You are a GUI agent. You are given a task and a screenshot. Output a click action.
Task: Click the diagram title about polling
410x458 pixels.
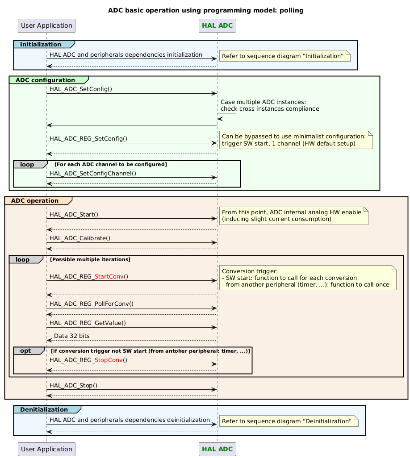[x=205, y=10]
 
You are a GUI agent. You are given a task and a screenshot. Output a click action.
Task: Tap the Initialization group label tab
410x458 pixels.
[x=41, y=44]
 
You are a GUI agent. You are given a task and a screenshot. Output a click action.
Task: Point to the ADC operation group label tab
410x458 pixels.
[x=35, y=200]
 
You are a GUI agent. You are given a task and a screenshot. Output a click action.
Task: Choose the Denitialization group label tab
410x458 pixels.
[x=44, y=409]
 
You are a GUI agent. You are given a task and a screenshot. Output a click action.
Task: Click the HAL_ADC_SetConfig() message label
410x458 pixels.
[x=81, y=89]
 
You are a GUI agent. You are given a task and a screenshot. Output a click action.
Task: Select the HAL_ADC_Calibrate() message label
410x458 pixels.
[x=79, y=238]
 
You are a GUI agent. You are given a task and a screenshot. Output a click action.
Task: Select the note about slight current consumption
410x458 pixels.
[x=293, y=215]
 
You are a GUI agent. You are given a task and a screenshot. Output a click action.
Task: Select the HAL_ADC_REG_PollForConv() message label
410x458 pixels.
[x=91, y=304]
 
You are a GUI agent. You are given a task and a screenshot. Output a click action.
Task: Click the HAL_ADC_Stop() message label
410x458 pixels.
[x=73, y=385]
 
